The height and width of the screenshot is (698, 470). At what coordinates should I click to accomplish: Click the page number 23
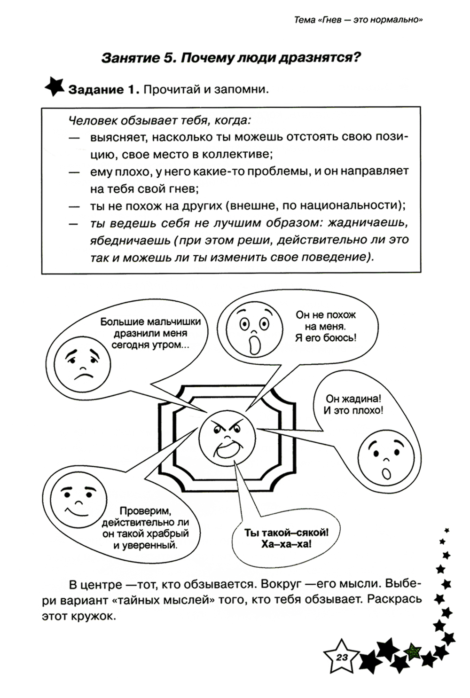pyautogui.click(x=342, y=657)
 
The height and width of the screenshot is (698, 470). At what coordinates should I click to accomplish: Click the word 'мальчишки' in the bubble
pyautogui.click(x=173, y=322)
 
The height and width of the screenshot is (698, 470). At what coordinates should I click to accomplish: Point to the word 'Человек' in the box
pyautogui.click(x=93, y=120)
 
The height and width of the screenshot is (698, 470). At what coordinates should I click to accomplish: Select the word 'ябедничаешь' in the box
pyautogui.click(x=130, y=240)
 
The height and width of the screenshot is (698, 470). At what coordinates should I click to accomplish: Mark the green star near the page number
pyautogui.click(x=413, y=651)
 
